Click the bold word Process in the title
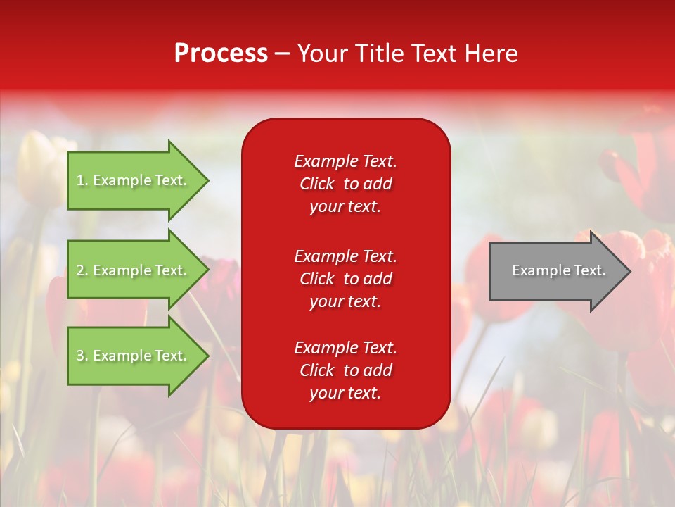(x=221, y=54)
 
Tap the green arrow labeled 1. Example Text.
(x=134, y=180)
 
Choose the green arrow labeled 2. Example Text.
(x=134, y=270)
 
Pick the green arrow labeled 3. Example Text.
(x=134, y=356)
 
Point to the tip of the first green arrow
(x=207, y=180)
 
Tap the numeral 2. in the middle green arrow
(x=82, y=270)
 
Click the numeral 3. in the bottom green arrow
(x=82, y=356)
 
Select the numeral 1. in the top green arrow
(x=82, y=180)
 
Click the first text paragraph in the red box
(x=345, y=184)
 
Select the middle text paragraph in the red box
(x=345, y=279)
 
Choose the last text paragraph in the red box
(x=345, y=370)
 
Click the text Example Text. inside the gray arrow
(x=558, y=270)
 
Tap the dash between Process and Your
(x=282, y=54)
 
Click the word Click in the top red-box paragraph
(x=316, y=184)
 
